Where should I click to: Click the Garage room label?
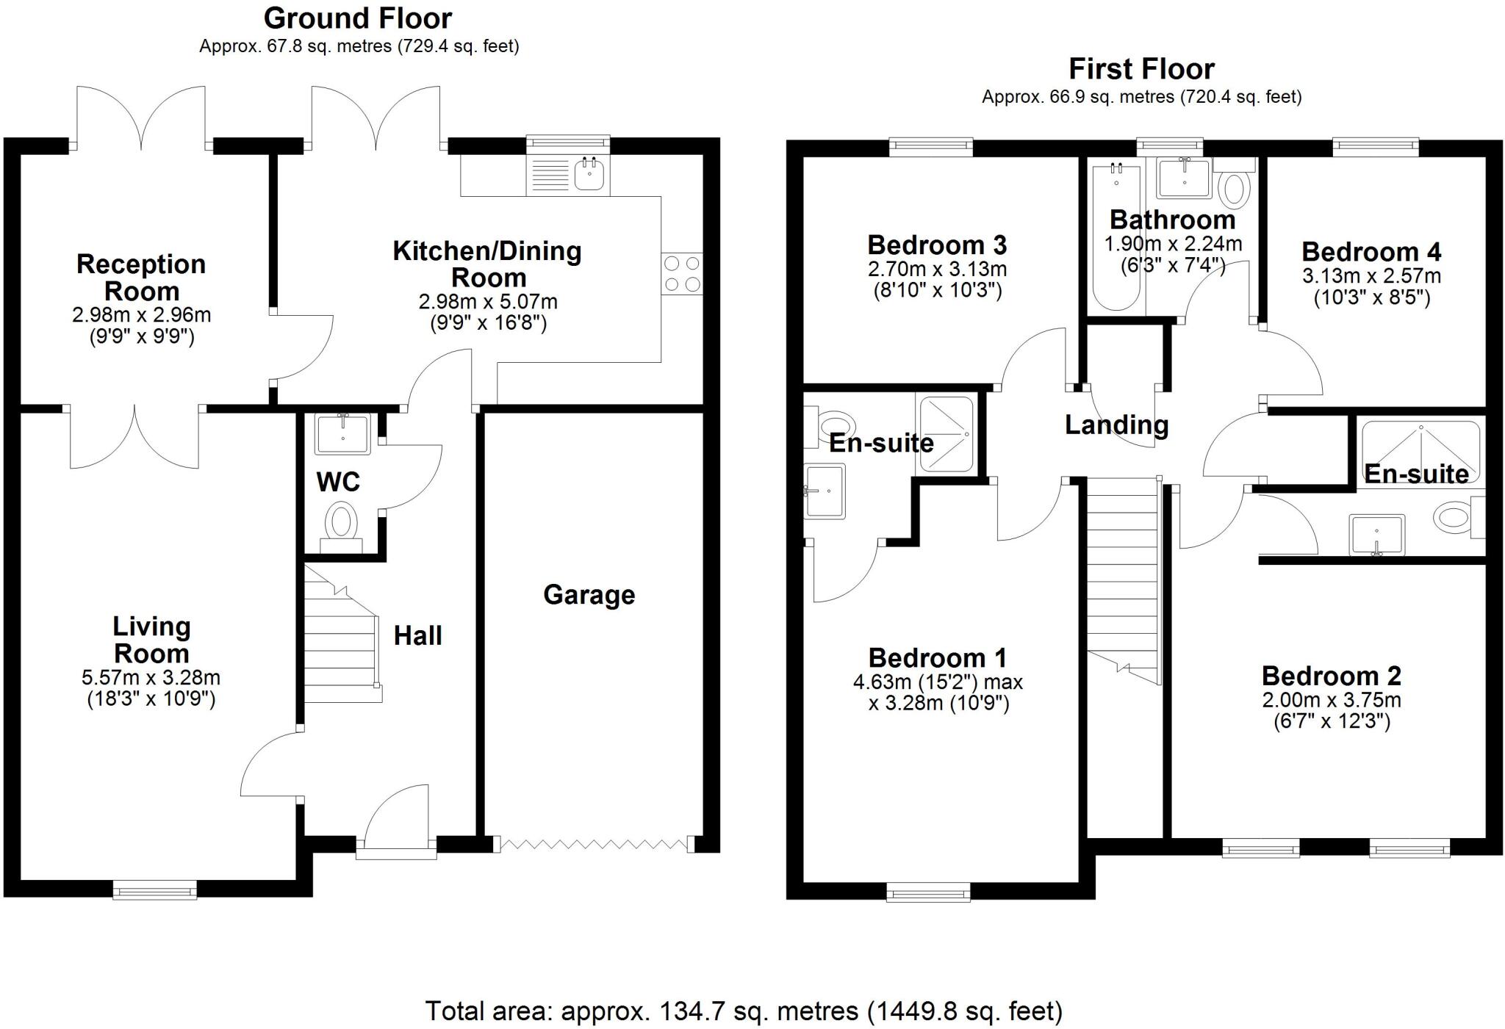[589, 595]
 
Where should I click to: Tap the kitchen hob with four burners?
[681, 274]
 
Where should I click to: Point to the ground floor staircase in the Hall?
[341, 635]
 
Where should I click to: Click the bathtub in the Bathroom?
[1116, 236]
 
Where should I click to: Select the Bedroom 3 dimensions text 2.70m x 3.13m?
[937, 270]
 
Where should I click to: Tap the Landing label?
[1116, 425]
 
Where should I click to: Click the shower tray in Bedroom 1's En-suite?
[947, 435]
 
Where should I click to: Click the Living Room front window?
[155, 890]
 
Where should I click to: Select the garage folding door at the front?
[594, 844]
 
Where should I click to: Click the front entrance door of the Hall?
[396, 851]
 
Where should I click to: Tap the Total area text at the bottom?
[744, 1011]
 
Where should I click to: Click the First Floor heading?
[1141, 69]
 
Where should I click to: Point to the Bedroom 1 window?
[928, 892]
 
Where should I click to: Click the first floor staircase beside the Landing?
[1121, 573]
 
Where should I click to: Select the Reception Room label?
[141, 278]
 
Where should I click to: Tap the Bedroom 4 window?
[1376, 147]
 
